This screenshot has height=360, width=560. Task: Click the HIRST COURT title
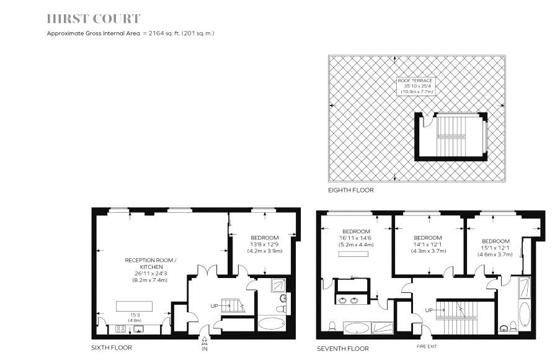(x=94, y=19)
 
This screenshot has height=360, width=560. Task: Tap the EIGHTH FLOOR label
(x=351, y=190)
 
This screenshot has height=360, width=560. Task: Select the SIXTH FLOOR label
(x=111, y=348)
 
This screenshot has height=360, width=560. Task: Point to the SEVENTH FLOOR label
(x=342, y=348)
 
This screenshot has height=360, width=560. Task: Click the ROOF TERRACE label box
(x=416, y=86)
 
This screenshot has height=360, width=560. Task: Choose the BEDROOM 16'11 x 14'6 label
(x=356, y=238)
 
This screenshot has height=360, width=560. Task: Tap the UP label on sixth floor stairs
(x=215, y=306)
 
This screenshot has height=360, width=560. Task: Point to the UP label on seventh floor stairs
(x=428, y=310)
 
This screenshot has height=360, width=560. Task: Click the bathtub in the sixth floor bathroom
(x=271, y=323)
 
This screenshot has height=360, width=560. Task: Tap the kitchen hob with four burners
(x=121, y=328)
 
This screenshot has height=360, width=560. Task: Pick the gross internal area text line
(x=131, y=33)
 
